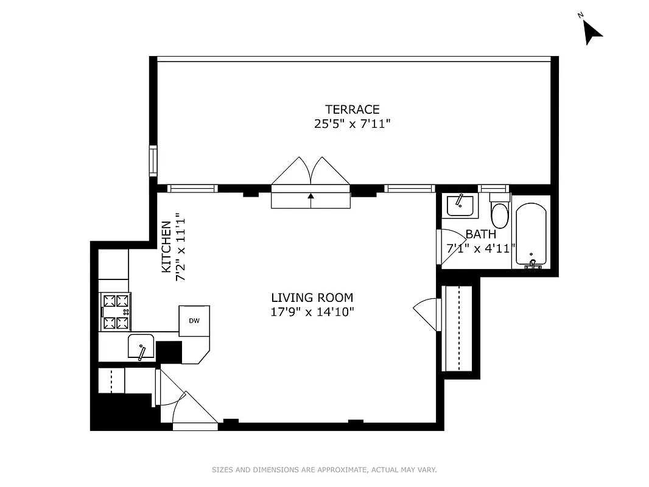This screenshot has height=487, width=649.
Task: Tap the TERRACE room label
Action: (x=352, y=110)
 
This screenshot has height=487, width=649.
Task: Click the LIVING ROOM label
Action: (x=312, y=298)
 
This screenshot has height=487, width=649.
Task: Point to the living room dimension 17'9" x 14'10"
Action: (x=312, y=312)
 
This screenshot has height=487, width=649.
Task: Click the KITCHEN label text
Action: (x=166, y=247)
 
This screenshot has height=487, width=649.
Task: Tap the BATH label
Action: (x=480, y=234)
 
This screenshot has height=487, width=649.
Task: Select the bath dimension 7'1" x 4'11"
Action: (x=481, y=248)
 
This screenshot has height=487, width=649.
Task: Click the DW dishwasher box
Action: (x=194, y=321)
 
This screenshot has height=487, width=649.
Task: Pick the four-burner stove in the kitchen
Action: (x=116, y=312)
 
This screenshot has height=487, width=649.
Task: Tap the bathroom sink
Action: (x=460, y=205)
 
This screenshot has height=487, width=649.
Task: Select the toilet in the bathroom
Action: (x=500, y=212)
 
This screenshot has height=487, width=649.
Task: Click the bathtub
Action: (x=532, y=234)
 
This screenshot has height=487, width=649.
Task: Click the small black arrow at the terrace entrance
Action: (x=311, y=196)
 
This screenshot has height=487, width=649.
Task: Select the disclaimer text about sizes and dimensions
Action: (x=324, y=470)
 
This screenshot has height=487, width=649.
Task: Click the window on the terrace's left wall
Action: (x=153, y=161)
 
